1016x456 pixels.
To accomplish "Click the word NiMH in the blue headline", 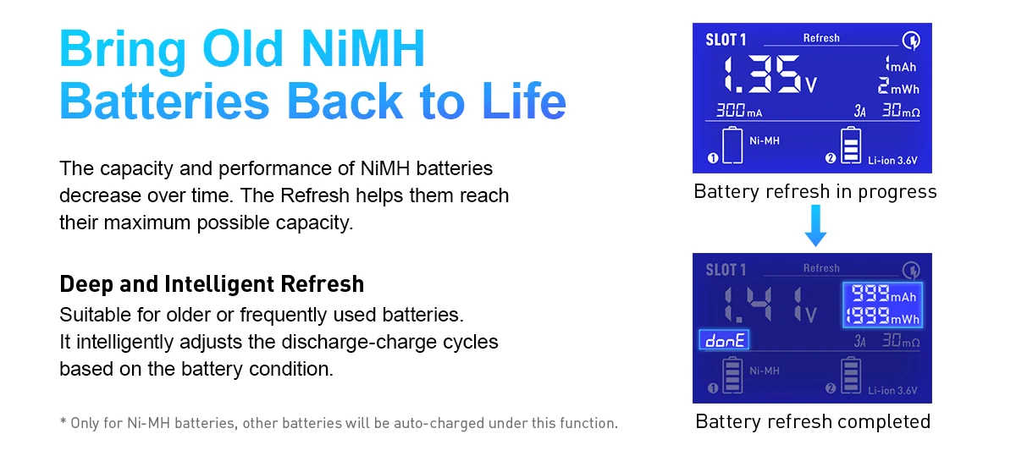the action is (x=363, y=48).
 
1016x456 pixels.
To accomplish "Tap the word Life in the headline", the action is (x=524, y=101).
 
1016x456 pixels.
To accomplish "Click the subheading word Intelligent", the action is (x=221, y=284).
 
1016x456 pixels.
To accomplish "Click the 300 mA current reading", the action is (x=739, y=110).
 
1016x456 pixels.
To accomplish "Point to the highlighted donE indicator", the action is (x=724, y=340).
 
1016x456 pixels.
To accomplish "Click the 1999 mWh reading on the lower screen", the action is (x=882, y=316).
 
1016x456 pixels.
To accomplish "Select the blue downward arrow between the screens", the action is (x=815, y=225).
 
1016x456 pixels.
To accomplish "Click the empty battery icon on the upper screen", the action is (x=732, y=145).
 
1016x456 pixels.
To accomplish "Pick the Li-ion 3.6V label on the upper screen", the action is (x=892, y=161).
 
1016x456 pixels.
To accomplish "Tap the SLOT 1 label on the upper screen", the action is (x=726, y=40).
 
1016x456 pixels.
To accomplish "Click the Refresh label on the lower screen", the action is (x=821, y=268).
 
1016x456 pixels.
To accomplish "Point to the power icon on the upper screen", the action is (x=911, y=41).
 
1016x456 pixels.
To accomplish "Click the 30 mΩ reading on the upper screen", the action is (x=901, y=110).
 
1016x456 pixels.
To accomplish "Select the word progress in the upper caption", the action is (x=897, y=192).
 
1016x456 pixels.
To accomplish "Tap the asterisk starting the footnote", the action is (x=63, y=421).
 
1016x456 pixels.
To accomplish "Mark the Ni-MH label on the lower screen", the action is (x=765, y=371).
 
